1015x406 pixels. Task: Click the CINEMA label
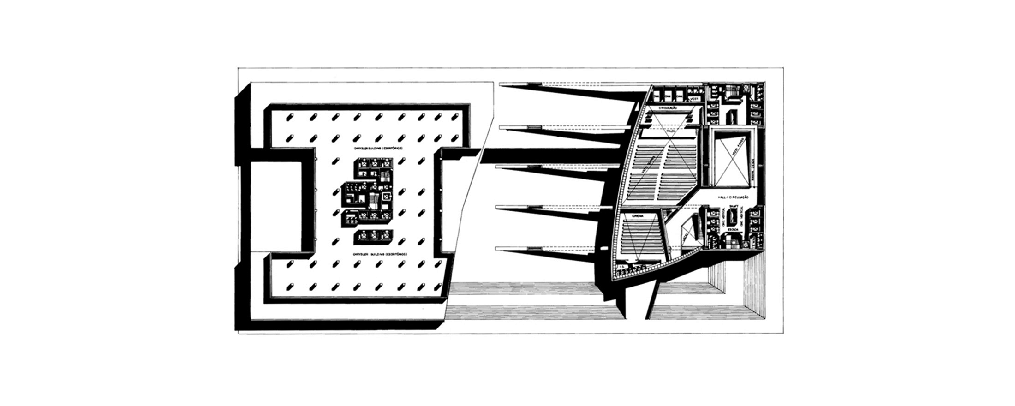(x=638, y=216)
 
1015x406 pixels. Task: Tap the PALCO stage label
(x=671, y=131)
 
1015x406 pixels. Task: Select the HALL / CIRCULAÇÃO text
(x=733, y=197)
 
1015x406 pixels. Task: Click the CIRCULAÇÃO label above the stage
(x=668, y=107)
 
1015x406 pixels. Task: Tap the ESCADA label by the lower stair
(x=732, y=229)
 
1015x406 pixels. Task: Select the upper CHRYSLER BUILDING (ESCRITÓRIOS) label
(x=379, y=149)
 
